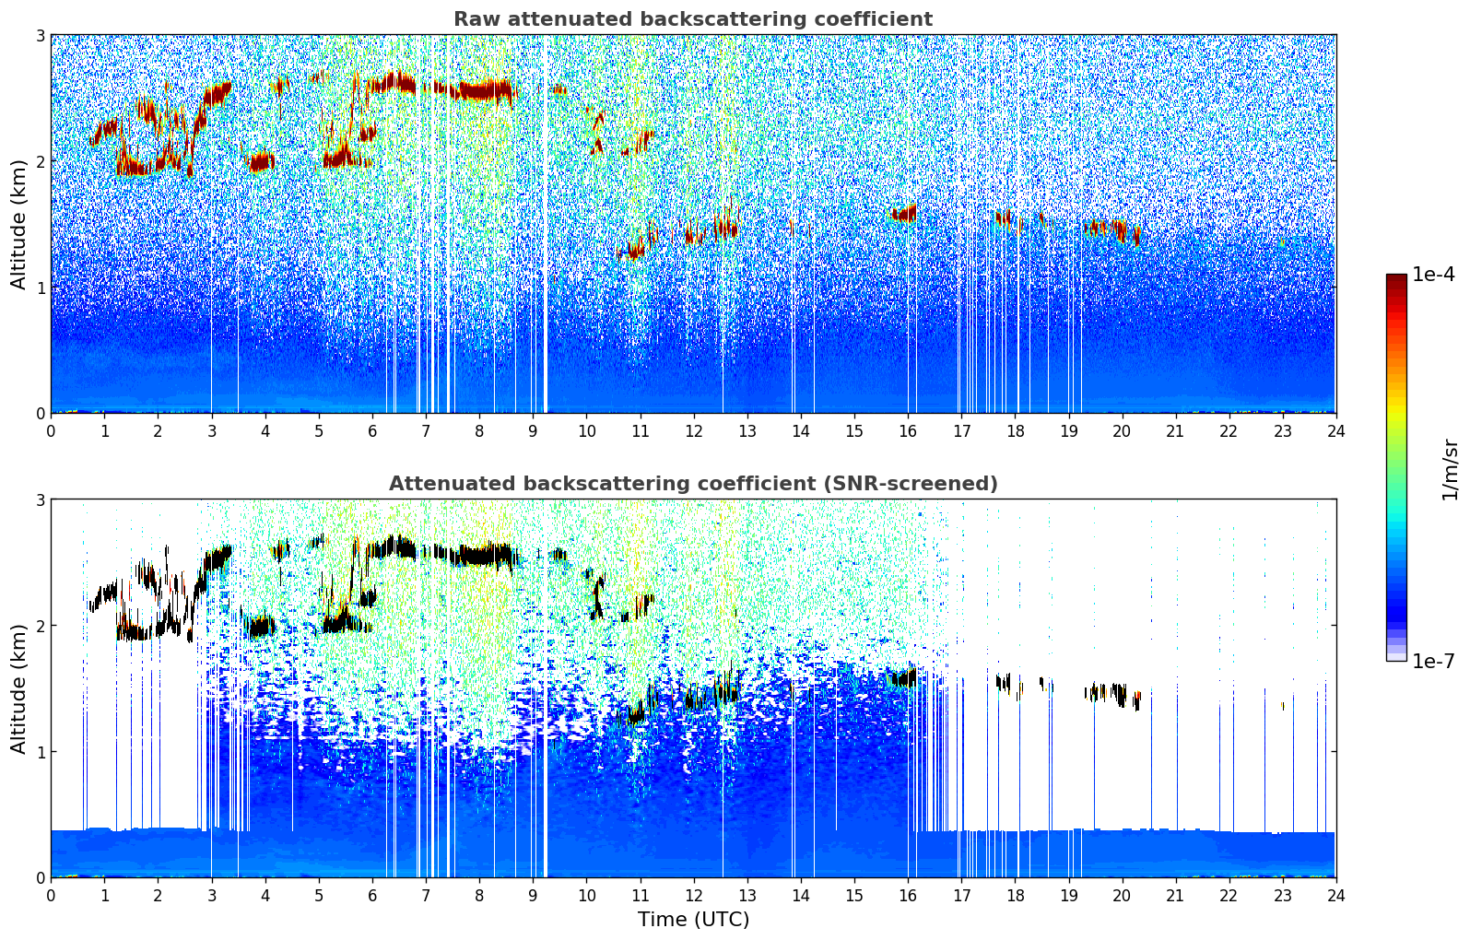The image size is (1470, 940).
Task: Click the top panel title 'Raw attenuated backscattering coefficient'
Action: point(692,19)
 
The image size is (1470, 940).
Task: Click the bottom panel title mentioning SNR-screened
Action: point(692,484)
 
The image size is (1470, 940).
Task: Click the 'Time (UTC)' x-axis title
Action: point(693,920)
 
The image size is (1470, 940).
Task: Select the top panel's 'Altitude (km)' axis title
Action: point(18,225)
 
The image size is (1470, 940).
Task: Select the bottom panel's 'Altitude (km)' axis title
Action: point(18,689)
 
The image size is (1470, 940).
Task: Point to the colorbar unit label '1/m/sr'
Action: point(1450,469)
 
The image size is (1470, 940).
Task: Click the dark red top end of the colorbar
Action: point(1396,278)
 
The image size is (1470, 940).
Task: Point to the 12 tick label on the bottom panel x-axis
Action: point(693,895)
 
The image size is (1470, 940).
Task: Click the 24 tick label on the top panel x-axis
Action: point(1335,430)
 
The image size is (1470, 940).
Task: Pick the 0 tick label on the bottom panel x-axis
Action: point(51,895)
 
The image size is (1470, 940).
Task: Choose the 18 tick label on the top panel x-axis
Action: point(1015,430)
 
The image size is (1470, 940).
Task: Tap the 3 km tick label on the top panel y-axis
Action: point(40,35)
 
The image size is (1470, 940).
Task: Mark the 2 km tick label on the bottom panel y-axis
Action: point(40,626)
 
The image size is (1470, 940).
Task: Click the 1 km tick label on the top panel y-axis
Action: point(40,288)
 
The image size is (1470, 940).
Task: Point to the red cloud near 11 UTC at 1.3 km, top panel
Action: point(636,249)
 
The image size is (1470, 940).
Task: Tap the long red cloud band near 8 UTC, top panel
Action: point(484,90)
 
